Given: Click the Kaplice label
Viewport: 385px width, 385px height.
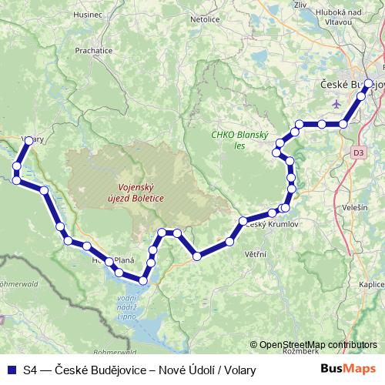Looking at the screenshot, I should point(371,284).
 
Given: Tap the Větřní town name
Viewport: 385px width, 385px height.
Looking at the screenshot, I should point(256,253).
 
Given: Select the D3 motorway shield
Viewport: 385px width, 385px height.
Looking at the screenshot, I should point(358,152).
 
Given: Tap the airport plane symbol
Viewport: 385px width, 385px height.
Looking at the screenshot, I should point(333,102).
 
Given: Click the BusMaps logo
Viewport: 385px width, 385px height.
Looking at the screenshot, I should point(350,370).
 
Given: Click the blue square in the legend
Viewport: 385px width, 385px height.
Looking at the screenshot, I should point(11,370).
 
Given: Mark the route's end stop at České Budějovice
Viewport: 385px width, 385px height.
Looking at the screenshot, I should point(368,83).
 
